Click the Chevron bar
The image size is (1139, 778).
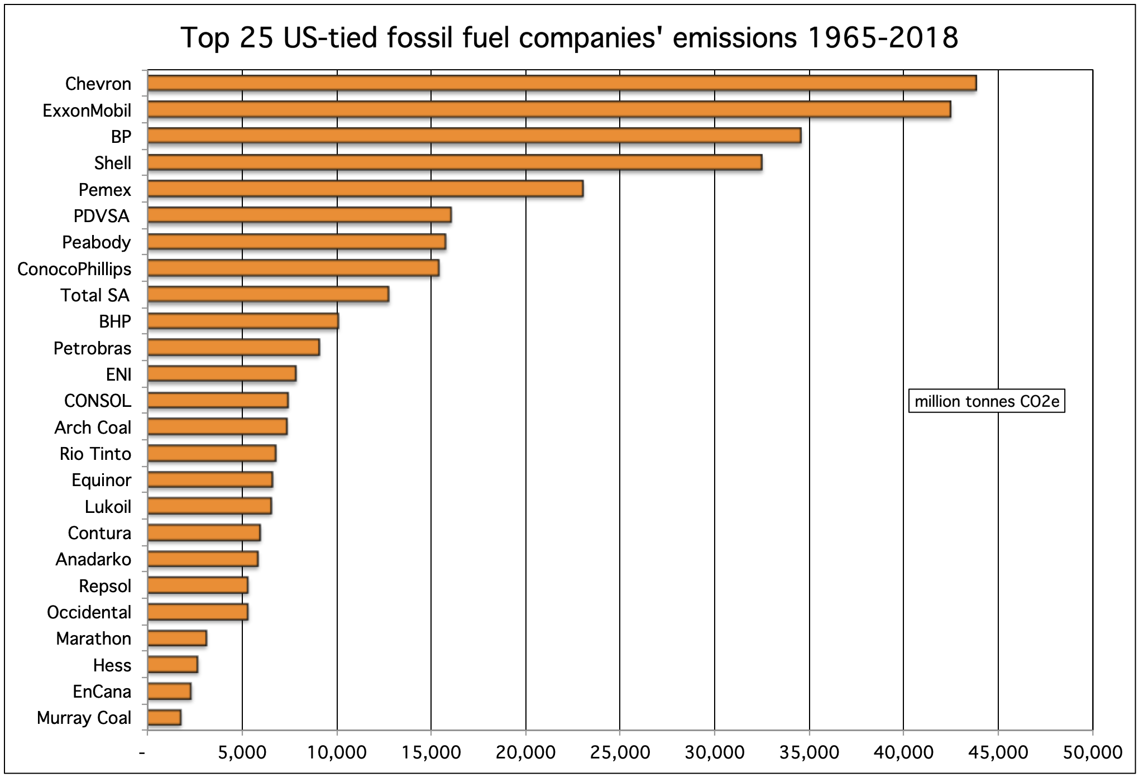561,83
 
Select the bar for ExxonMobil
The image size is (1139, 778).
549,110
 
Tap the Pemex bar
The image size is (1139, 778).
365,189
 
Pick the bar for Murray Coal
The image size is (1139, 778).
164,718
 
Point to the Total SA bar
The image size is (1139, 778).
268,295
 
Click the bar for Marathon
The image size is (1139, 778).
177,638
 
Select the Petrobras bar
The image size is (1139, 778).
233,348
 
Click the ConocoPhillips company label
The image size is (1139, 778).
74,269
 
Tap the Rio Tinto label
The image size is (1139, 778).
95,454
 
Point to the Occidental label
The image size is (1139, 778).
89,612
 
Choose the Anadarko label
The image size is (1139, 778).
93,559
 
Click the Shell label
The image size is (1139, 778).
112,163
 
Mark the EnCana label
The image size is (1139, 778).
102,691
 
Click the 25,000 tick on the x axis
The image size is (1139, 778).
620,752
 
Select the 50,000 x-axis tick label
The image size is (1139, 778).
1092,752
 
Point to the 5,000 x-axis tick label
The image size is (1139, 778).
242,752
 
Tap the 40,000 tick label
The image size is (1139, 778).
903,752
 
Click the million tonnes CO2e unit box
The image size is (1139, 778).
987,401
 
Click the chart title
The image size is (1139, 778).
569,38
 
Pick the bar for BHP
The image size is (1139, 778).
243,321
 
